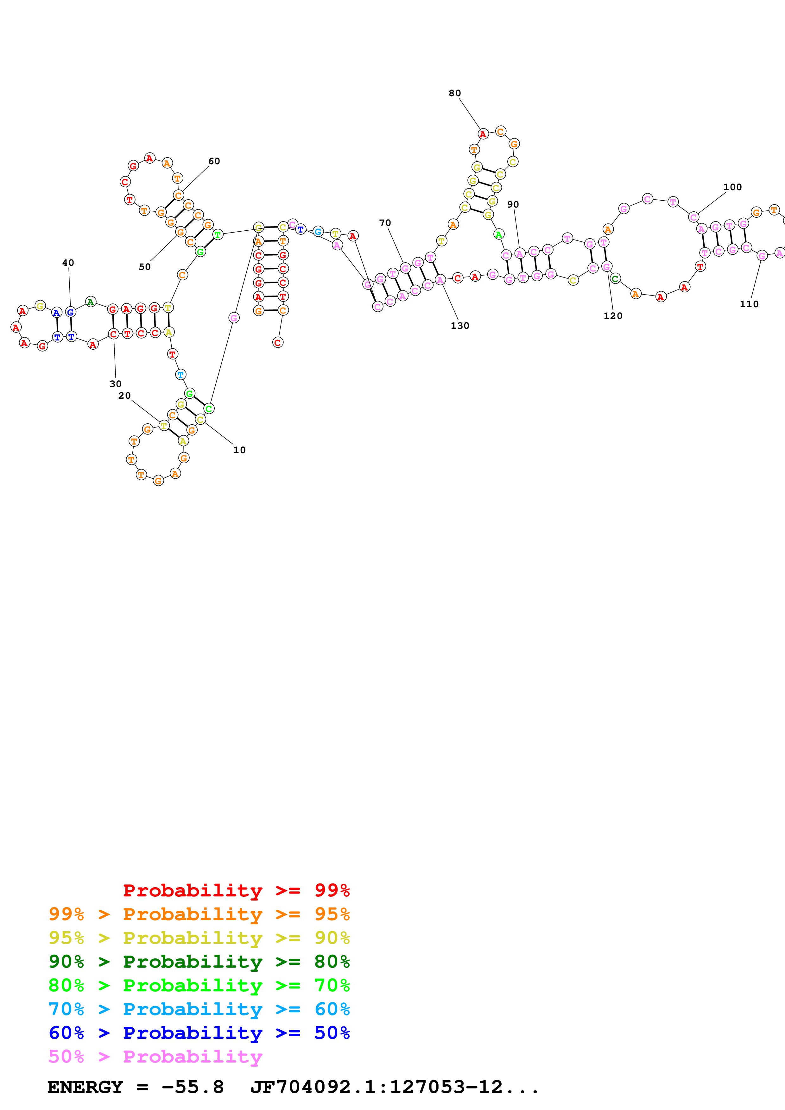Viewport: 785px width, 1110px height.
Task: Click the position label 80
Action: point(455,93)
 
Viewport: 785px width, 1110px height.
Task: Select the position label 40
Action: point(68,263)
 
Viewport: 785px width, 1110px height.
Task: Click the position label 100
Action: point(732,187)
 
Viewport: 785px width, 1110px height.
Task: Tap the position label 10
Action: point(239,450)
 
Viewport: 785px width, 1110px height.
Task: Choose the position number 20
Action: point(124,396)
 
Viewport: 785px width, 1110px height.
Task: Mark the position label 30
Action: point(116,384)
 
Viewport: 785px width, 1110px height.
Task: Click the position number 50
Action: point(145,267)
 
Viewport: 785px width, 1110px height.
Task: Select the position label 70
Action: point(385,223)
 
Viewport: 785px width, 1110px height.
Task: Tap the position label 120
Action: point(613,316)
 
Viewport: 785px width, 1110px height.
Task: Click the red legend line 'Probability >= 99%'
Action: point(236,890)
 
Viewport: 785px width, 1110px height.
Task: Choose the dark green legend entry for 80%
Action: point(199,962)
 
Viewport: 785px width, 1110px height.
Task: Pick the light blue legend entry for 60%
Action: point(199,1009)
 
